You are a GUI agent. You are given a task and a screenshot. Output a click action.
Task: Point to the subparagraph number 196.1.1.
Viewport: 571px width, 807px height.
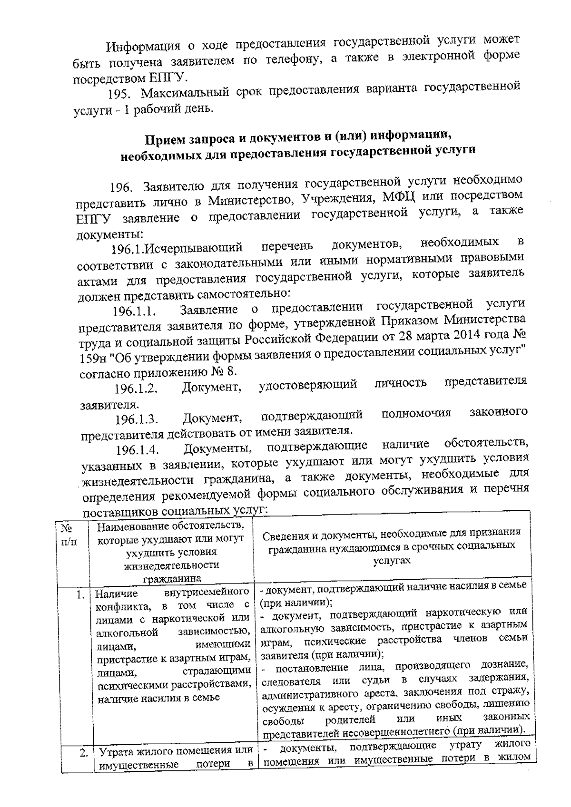click(135, 312)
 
